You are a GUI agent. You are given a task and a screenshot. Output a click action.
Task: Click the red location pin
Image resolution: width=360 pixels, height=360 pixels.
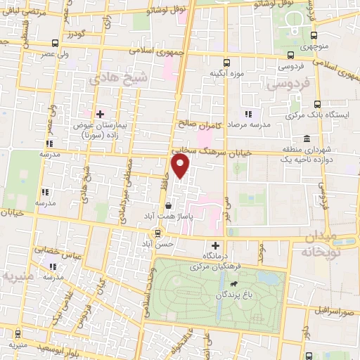coord(181,167)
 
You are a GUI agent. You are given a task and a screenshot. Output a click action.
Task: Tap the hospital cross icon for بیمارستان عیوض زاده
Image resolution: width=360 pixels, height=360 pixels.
coord(100,113)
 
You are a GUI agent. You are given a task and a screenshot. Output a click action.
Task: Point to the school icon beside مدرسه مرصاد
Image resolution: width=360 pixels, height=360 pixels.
coord(247,113)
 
